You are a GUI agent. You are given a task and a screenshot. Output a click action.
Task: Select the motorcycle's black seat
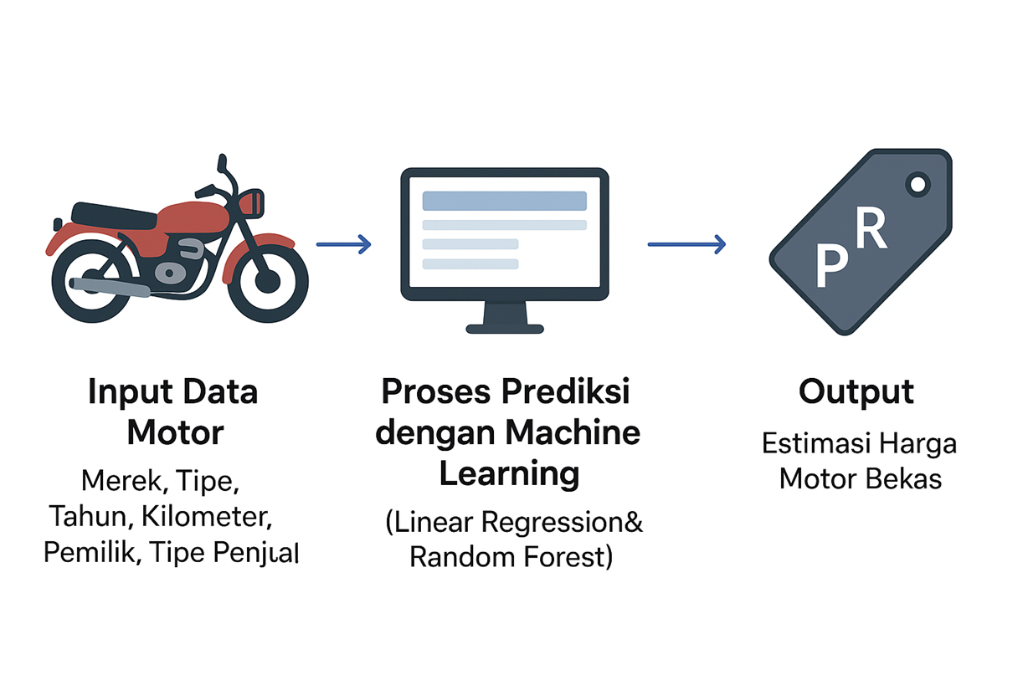[x=114, y=214]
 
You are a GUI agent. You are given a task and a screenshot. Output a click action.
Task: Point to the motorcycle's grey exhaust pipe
[x=110, y=286]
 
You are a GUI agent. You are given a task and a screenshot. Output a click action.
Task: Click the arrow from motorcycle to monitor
[x=343, y=244]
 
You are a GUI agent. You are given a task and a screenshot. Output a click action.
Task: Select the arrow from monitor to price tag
[x=686, y=244]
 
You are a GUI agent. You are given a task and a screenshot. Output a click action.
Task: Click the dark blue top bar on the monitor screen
[x=504, y=201]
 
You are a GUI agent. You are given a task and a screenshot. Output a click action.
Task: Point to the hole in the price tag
[x=918, y=183]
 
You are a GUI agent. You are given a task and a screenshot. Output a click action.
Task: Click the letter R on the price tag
[x=871, y=230]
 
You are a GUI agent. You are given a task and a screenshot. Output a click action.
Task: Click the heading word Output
[x=856, y=391]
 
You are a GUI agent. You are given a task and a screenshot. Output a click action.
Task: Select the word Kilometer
[x=208, y=517]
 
